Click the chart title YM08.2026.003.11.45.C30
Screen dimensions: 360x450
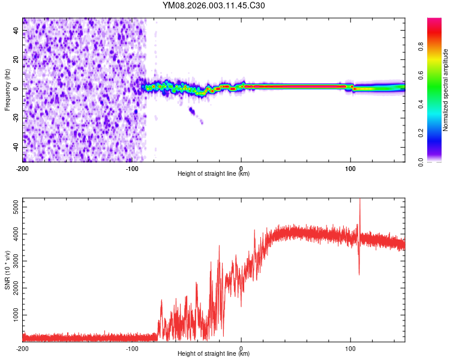pos(214,6)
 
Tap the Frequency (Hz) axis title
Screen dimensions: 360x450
pos(7,90)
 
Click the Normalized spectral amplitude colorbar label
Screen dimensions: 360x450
pos(446,90)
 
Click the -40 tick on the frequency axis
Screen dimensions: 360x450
pos(15,147)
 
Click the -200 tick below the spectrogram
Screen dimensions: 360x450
pos(23,167)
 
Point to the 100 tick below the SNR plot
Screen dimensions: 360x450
pos(350,347)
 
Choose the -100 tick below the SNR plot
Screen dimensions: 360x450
pos(132,347)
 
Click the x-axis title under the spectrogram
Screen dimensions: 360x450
pos(214,174)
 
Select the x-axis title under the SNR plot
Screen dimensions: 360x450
pos(214,354)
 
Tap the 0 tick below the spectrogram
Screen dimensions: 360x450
pos(241,167)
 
